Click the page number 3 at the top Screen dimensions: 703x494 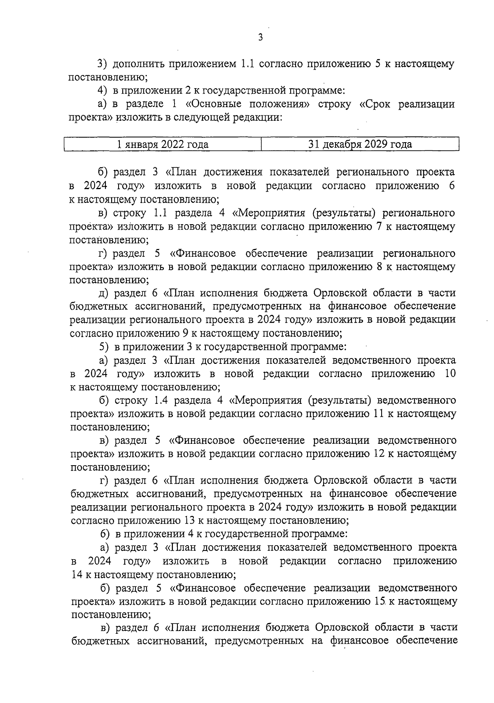[260, 37]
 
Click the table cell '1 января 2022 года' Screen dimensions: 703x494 [163, 145]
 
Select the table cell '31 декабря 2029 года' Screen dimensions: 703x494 [360, 145]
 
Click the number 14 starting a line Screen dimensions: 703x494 [77, 574]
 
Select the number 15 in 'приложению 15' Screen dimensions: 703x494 [381, 601]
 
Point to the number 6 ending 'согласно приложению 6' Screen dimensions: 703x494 [452, 186]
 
